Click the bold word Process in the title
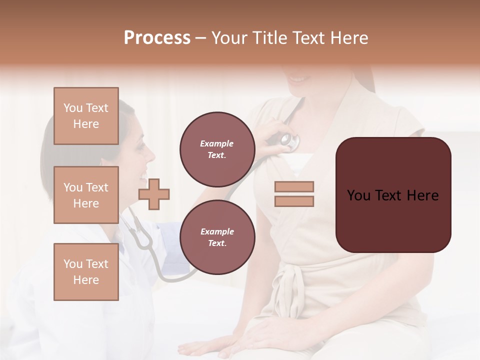(x=157, y=38)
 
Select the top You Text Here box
(x=86, y=116)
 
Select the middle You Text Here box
(x=86, y=195)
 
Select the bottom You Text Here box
(x=86, y=271)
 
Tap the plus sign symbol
(x=154, y=194)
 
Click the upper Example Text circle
(x=217, y=149)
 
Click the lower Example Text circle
(x=217, y=237)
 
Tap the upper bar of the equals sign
(x=294, y=186)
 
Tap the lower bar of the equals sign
(x=294, y=201)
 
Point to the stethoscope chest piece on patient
(x=288, y=141)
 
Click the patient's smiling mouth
(x=298, y=79)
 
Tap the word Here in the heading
(x=349, y=38)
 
